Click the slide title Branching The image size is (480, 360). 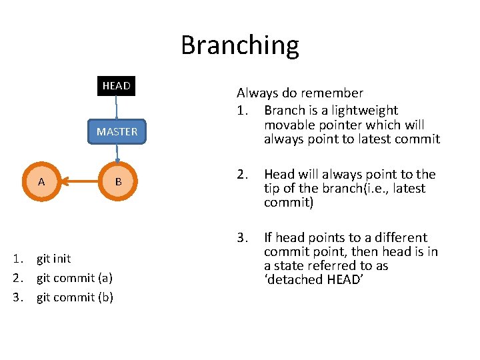[240, 45]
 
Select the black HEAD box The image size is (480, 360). [116, 86]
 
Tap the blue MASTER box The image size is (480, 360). [117, 131]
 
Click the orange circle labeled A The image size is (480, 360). [41, 181]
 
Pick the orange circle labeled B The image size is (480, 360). [118, 181]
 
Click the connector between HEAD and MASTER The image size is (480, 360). [116, 108]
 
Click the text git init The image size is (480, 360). [53, 259]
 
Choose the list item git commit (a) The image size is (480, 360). [74, 278]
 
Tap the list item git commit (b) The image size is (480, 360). [75, 297]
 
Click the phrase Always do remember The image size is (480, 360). [300, 93]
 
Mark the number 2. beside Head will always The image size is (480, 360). [242, 175]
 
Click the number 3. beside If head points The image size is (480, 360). [242, 238]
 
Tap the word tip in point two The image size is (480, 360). [273, 189]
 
